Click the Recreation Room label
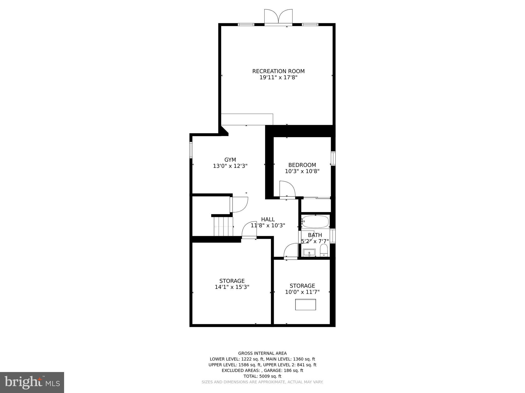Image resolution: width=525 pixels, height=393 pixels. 278,71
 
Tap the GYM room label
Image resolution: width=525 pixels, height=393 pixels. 230,160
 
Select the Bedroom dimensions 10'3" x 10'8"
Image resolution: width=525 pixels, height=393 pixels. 302,171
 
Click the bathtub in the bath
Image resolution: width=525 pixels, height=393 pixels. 315,222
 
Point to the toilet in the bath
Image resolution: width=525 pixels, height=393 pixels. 324,250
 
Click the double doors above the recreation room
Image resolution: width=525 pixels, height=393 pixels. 278,17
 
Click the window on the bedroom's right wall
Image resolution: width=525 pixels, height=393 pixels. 333,159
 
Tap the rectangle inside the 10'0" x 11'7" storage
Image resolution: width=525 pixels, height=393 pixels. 305,304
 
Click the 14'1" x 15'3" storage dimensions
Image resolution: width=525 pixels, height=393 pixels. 232,287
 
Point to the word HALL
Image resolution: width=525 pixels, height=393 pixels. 268,219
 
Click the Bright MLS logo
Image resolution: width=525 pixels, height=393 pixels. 32,382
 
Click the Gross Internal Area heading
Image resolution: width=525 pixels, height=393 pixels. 262,353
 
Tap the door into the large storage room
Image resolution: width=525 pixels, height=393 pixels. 249,230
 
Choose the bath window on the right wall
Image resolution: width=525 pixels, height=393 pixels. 332,236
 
